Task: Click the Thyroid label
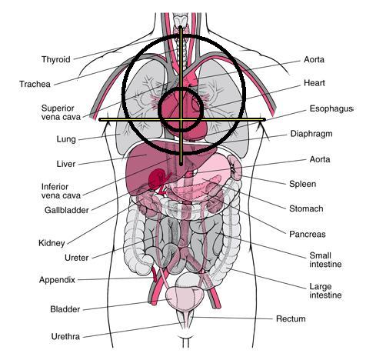(56, 59)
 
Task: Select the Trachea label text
(35, 84)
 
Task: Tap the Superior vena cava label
(61, 112)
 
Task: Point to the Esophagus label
(331, 108)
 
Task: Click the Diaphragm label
(311, 134)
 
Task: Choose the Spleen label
(302, 184)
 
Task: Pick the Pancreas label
(308, 234)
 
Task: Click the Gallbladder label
(67, 210)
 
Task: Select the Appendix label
(57, 280)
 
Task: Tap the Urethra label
(65, 336)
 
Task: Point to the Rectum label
(291, 319)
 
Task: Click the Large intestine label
(325, 291)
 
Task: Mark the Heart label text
(314, 83)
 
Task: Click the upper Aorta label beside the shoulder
(314, 59)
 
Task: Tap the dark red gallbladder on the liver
(157, 179)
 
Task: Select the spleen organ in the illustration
(235, 167)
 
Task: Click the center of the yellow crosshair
(181, 119)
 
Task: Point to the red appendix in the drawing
(155, 275)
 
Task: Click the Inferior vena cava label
(61, 191)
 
